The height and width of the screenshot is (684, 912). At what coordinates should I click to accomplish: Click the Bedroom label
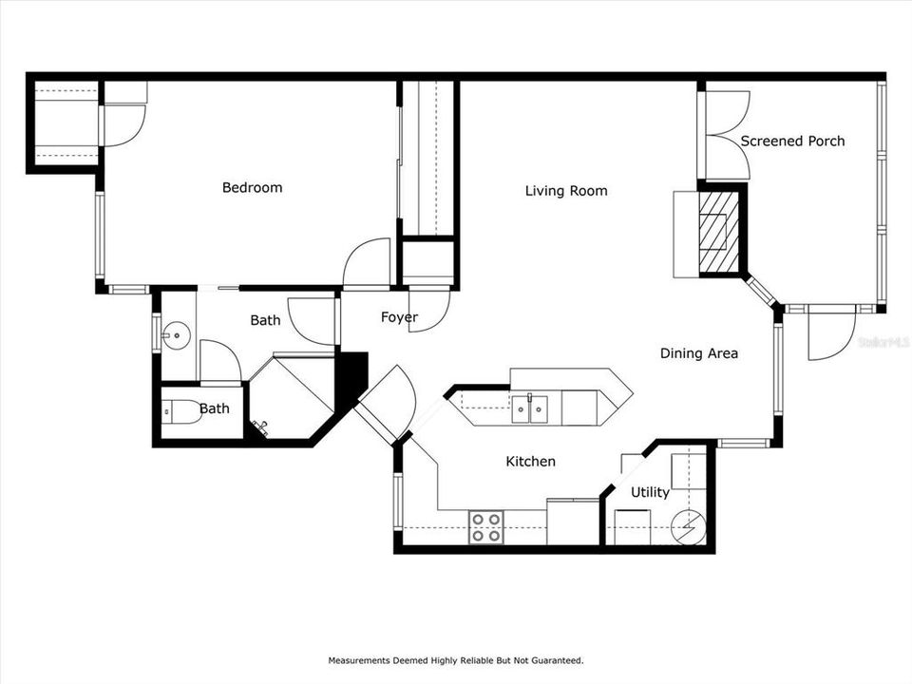[x=252, y=187]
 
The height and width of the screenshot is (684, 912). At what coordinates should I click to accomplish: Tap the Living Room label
[x=566, y=191]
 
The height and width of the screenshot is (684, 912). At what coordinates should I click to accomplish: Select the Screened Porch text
[x=792, y=142]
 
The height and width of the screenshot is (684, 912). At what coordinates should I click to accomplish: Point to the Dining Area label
[x=699, y=353]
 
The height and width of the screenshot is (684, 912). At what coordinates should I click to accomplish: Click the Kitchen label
[x=530, y=462]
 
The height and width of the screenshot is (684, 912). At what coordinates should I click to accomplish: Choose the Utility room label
[x=650, y=492]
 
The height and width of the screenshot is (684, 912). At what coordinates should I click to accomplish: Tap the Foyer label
[x=399, y=317]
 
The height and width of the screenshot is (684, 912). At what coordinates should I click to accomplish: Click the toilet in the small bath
[x=181, y=411]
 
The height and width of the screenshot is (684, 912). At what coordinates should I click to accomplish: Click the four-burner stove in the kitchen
[x=486, y=527]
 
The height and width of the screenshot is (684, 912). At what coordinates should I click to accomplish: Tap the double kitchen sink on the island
[x=530, y=409]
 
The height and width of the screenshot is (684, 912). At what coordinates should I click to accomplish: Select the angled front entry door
[x=385, y=404]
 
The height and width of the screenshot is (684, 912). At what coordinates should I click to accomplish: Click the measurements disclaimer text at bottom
[x=456, y=660]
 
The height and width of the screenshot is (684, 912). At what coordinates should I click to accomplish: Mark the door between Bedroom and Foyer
[x=368, y=263]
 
